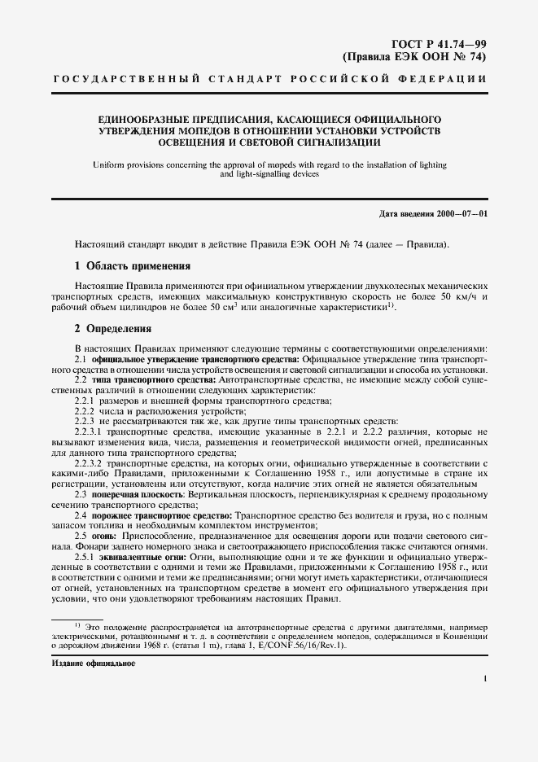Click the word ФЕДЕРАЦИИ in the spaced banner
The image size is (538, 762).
click(446, 80)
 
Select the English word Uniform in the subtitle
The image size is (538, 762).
click(109, 164)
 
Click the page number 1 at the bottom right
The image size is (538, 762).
click(484, 677)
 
